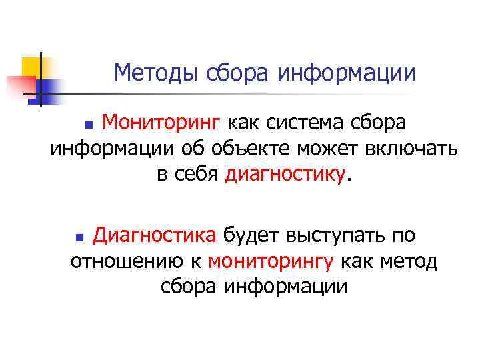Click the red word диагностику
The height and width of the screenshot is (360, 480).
[287, 175]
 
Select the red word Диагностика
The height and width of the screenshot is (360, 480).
[154, 235]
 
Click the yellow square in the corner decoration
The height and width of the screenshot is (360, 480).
[31, 66]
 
